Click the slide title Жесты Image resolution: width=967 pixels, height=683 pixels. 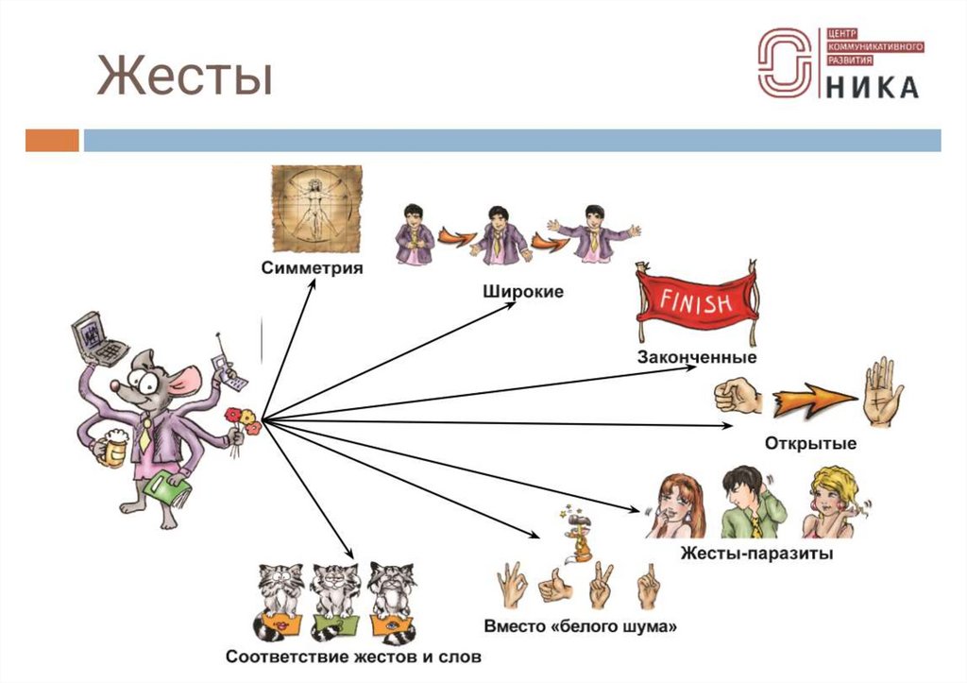pyautogui.click(x=184, y=77)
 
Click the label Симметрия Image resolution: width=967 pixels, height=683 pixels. pyautogui.click(x=313, y=268)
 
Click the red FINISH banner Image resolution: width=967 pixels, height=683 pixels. pyautogui.click(x=696, y=305)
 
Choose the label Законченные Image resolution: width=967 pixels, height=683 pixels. pyautogui.click(x=697, y=358)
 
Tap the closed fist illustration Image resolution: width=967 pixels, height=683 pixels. pyautogui.click(x=738, y=397)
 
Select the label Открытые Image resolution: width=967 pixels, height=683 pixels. pyautogui.click(x=811, y=443)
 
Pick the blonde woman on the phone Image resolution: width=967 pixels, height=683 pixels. pyautogui.click(x=831, y=503)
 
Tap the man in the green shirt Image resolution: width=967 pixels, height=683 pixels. pyautogui.click(x=752, y=503)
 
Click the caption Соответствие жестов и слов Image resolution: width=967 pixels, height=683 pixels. pyautogui.click(x=354, y=655)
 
